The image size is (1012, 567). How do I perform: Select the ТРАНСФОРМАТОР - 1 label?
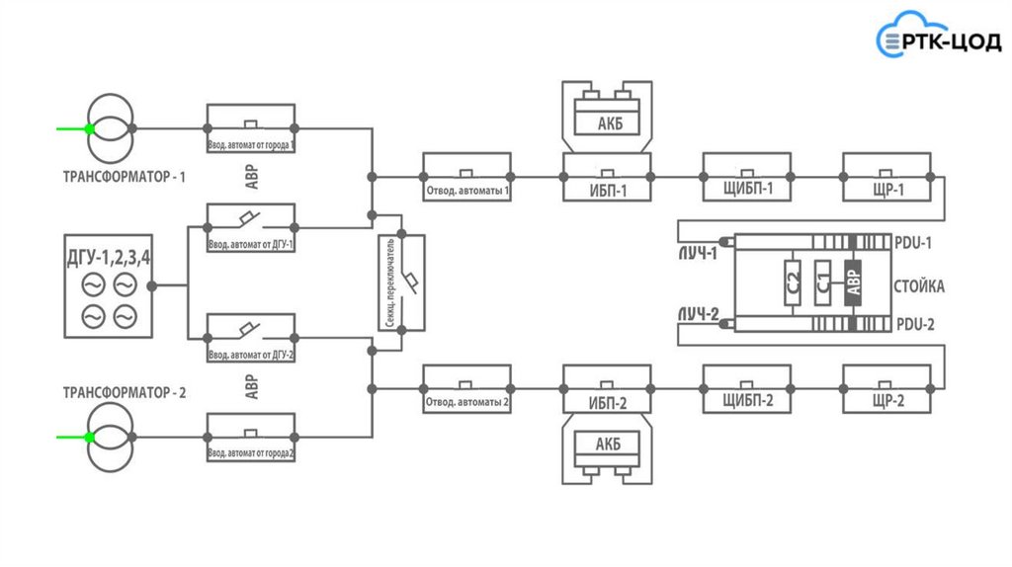coord(125,178)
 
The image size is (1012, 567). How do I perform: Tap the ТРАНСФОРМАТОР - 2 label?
coord(125,392)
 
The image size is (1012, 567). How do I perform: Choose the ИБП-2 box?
coord(608,388)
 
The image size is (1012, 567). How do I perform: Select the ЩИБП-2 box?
coord(748,388)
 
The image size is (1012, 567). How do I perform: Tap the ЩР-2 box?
coord(886,388)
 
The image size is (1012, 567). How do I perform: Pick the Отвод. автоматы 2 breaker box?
coord(467,388)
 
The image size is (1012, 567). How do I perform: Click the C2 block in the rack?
coord(793,283)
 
